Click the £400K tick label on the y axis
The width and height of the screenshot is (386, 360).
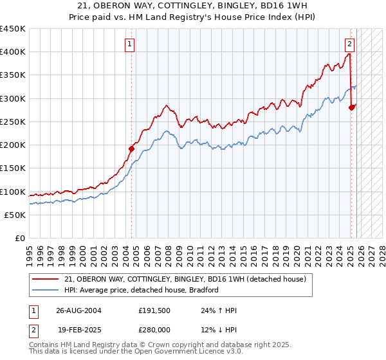click(13, 52)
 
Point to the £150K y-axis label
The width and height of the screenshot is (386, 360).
click(13, 168)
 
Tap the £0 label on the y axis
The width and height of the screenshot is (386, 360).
click(19, 239)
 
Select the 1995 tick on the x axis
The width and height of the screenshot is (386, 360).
click(30, 251)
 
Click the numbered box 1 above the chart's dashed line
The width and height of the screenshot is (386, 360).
click(131, 44)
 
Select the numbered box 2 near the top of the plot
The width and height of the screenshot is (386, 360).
click(349, 44)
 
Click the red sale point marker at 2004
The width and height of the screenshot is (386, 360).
click(131, 148)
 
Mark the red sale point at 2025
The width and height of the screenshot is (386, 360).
click(351, 107)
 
